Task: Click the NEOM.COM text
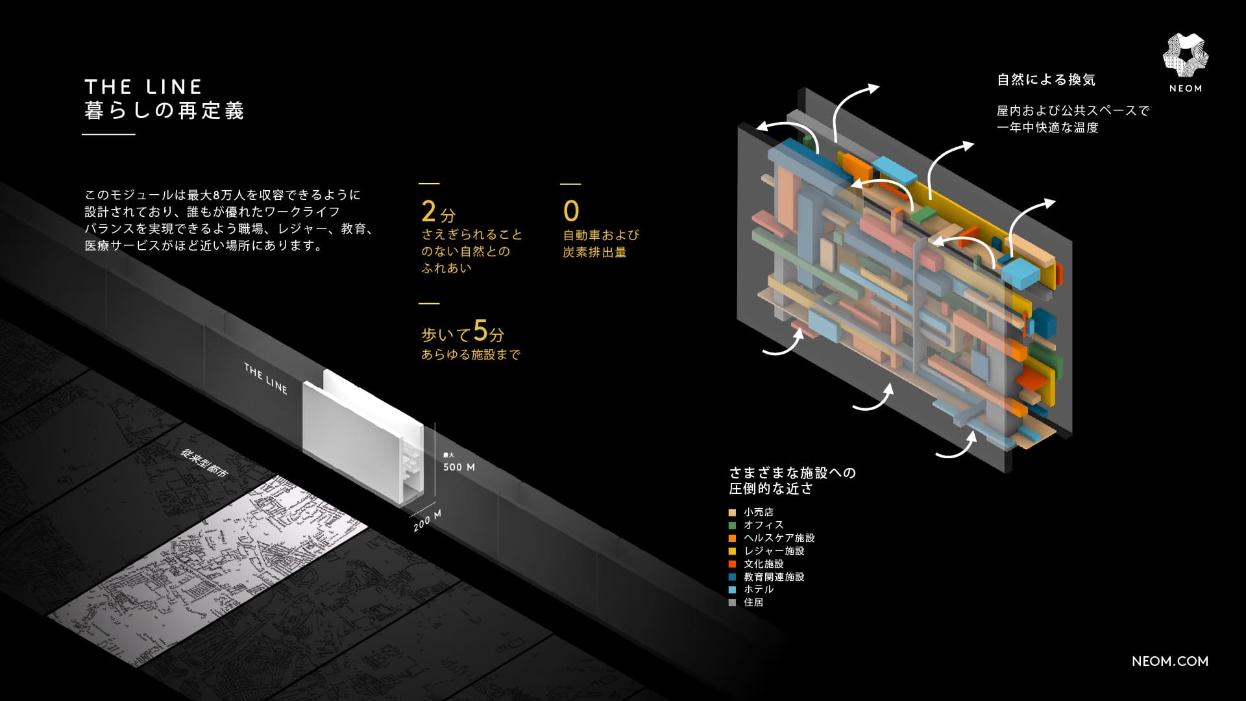click(1169, 661)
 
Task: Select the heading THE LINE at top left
click(143, 87)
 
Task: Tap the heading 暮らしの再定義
click(164, 111)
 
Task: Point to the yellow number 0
click(571, 212)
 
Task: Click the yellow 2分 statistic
click(438, 212)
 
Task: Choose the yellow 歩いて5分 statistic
click(463, 332)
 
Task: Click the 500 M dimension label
click(459, 467)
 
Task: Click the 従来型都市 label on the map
click(205, 463)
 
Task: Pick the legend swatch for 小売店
click(733, 512)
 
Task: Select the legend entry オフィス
click(763, 524)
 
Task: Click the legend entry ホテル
click(758, 589)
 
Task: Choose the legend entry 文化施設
click(763, 563)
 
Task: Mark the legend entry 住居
click(753, 602)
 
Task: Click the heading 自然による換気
click(1046, 80)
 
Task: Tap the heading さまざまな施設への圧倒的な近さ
click(792, 480)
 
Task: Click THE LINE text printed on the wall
click(265, 378)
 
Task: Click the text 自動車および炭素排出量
click(601, 243)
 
